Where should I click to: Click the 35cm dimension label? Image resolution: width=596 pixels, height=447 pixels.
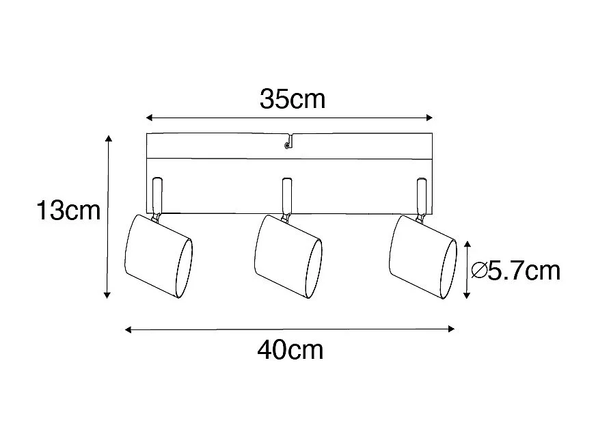tap(292, 100)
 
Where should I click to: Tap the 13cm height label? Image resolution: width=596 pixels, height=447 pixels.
tap(68, 211)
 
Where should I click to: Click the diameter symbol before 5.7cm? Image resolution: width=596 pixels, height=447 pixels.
tap(478, 271)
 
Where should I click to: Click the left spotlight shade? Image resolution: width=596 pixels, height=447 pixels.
tap(157, 256)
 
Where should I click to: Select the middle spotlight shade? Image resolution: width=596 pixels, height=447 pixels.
tap(287, 256)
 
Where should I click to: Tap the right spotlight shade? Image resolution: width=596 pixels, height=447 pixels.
tap(422, 256)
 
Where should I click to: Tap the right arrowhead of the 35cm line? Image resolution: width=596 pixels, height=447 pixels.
tap(431, 116)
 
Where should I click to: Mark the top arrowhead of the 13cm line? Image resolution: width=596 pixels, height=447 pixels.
tap(107, 139)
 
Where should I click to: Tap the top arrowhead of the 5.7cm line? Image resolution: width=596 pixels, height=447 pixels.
tap(467, 244)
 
